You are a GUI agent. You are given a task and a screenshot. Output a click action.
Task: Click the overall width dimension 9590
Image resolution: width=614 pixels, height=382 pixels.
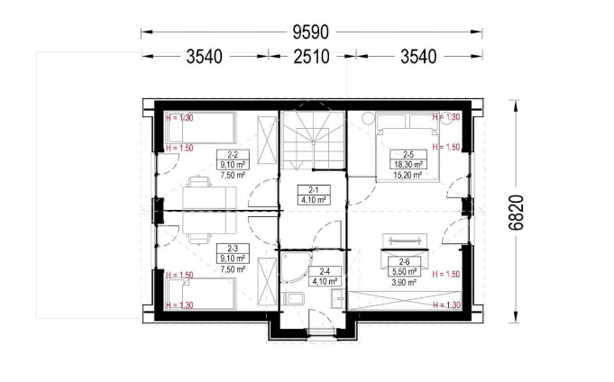click(x=311, y=32)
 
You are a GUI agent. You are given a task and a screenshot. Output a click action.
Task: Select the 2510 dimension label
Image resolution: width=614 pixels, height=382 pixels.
click(x=312, y=57)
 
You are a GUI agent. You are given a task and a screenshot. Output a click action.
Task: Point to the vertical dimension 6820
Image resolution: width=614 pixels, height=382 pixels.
click(x=516, y=213)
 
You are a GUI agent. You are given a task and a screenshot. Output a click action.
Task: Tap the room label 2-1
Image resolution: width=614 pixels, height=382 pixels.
click(x=314, y=190)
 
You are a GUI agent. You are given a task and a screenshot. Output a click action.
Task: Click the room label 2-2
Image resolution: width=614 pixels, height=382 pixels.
click(x=233, y=155)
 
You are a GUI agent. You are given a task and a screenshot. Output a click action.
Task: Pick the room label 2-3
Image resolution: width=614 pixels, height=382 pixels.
click(x=233, y=248)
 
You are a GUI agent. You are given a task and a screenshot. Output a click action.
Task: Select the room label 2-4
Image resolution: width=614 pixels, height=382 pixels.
click(x=325, y=271)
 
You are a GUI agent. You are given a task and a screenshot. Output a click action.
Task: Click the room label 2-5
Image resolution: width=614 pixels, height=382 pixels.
click(x=408, y=155)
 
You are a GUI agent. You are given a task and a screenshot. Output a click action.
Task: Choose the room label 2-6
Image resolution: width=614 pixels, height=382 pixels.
click(x=405, y=261)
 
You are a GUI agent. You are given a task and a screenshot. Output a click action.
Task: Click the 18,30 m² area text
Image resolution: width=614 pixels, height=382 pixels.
click(x=408, y=165)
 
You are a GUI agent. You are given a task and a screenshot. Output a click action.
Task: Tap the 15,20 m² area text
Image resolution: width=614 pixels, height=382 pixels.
click(x=408, y=175)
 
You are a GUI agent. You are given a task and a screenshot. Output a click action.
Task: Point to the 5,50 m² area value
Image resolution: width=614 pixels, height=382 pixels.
click(x=405, y=271)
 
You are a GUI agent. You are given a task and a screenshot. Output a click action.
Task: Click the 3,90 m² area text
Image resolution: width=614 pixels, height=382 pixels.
click(x=405, y=282)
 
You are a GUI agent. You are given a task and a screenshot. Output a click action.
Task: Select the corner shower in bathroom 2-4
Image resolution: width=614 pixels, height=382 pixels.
click(x=296, y=268)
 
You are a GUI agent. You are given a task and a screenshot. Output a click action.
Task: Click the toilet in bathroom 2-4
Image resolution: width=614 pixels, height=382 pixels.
click(x=294, y=299)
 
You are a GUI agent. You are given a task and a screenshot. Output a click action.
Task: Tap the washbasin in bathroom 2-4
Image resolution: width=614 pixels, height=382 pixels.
click(x=337, y=299)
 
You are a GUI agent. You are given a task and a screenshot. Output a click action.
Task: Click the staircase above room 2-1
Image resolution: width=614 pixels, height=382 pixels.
click(x=313, y=141)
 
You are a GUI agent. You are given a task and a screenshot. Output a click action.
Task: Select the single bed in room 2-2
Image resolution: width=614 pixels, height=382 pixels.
click(x=201, y=128)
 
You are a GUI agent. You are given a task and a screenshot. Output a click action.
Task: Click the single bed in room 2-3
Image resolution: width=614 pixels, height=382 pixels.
click(x=201, y=294)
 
